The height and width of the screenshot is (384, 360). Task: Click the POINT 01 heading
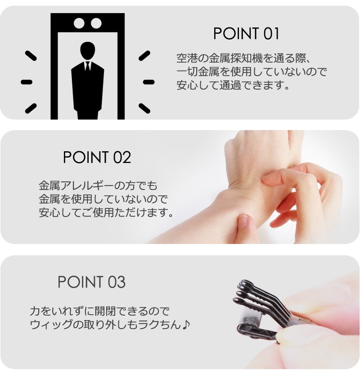[x=246, y=34]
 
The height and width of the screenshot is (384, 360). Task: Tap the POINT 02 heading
[x=97, y=157]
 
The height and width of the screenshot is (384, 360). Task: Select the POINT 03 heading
[x=91, y=282]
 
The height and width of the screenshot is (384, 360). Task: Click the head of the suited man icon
[x=87, y=51]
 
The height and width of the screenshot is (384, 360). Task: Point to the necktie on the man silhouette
[x=87, y=66]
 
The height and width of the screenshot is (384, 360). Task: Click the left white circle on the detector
[x=79, y=23]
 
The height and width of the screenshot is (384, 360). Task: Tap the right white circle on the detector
[x=96, y=23]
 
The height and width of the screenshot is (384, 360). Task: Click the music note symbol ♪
[x=186, y=325]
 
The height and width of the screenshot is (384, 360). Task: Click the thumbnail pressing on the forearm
[x=244, y=221]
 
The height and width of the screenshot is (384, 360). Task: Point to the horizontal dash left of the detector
[x=27, y=82]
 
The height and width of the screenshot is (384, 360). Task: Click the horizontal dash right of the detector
[x=148, y=82]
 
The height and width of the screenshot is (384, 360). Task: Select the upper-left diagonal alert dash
[x=31, y=55]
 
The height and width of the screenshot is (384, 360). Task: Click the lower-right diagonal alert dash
[x=144, y=108]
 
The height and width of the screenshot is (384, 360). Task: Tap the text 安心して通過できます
[x=233, y=85]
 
